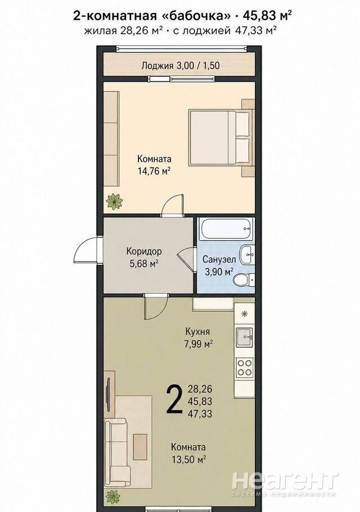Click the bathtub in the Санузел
(x=227, y=229)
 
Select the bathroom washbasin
(x=247, y=255)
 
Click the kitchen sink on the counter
(x=245, y=336)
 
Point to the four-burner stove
(x=245, y=367)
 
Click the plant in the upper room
(x=114, y=201)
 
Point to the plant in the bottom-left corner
(x=113, y=497)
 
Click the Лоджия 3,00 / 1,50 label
(x=181, y=66)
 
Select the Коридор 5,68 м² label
(x=144, y=258)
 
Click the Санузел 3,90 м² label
(x=219, y=266)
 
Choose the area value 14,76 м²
(x=154, y=172)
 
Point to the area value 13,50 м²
(x=188, y=460)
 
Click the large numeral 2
(x=174, y=399)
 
